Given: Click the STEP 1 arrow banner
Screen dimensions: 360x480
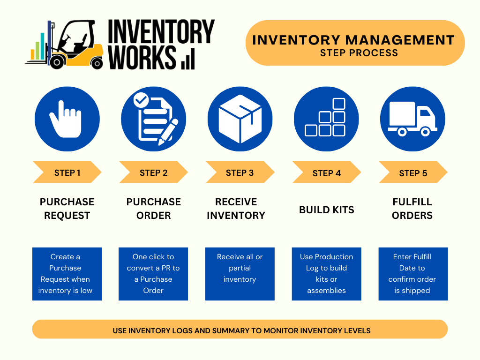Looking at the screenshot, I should (x=67, y=172).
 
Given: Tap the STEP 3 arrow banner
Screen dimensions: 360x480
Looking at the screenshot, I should (x=240, y=172).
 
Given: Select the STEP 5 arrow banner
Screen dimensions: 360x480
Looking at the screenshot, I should (x=413, y=173).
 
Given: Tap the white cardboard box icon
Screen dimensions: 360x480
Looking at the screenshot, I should (x=240, y=119).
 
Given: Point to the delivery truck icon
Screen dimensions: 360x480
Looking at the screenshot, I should (x=412, y=119).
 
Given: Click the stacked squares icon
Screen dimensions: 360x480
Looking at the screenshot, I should (x=326, y=119).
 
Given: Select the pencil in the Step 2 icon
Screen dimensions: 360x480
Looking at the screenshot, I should (x=167, y=132).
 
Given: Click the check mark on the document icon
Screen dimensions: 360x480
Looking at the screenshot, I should (x=141, y=99).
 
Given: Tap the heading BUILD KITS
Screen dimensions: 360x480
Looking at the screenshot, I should (x=326, y=210).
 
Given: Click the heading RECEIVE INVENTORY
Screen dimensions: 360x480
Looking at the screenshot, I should (x=236, y=209).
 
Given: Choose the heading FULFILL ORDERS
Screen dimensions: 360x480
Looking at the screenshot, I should (x=412, y=209).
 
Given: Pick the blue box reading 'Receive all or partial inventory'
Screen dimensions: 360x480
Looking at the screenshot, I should (x=240, y=274).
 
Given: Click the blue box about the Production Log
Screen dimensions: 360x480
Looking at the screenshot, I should (x=326, y=274).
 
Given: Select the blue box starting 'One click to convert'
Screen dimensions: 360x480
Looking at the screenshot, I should (x=153, y=274).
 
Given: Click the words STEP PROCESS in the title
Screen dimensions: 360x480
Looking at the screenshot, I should (x=359, y=53).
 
